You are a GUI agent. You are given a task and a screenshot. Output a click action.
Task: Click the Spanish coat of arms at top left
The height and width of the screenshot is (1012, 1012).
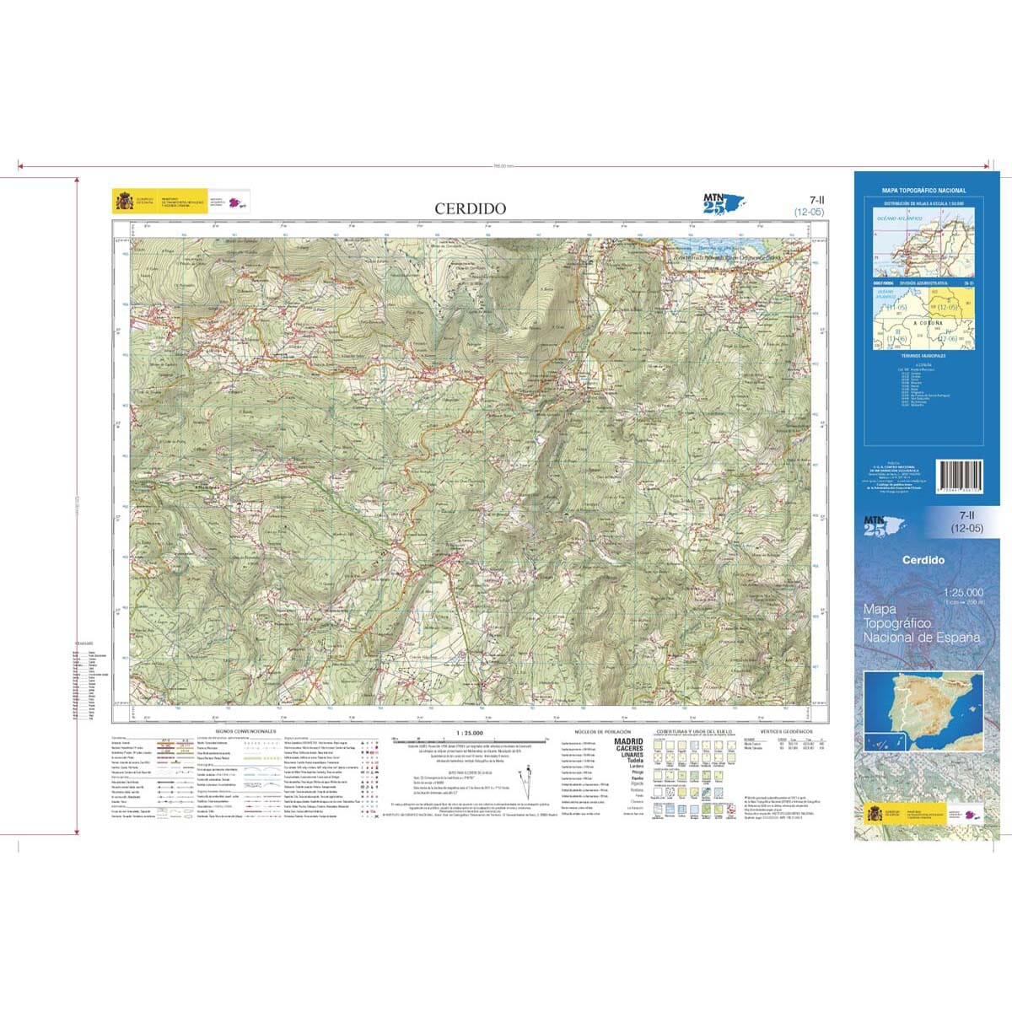point(123,202)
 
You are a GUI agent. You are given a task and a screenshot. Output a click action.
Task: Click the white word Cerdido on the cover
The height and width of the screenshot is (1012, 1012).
point(923,560)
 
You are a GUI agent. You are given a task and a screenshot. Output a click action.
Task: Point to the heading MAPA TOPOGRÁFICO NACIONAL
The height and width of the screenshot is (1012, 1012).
point(923,191)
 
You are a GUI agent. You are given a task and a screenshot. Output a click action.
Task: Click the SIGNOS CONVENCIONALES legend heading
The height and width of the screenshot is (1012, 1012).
point(245,731)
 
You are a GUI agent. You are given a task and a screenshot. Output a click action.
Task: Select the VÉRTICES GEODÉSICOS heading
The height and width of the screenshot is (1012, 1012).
point(785,731)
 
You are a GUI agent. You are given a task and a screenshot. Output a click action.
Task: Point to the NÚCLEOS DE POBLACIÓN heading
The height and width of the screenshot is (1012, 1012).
point(601,731)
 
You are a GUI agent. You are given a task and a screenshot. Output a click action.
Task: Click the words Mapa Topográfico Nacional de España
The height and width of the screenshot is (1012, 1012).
point(922,622)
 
